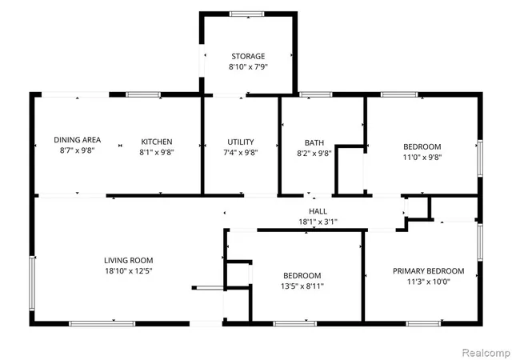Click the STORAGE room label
248,56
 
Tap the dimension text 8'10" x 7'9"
248,67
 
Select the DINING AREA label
78,140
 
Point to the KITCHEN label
157,142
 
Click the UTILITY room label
241,142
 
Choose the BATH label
314,142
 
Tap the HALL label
318,211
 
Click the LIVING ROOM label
129,260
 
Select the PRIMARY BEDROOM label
429,271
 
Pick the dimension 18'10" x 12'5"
129,271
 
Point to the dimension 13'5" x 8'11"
302,286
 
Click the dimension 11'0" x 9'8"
422,157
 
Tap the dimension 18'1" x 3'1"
318,222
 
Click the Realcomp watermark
486,353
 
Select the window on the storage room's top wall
247,14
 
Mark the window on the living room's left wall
32,283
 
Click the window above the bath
315,94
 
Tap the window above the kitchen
143,94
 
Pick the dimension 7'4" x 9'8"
241,153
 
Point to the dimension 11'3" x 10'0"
429,282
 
